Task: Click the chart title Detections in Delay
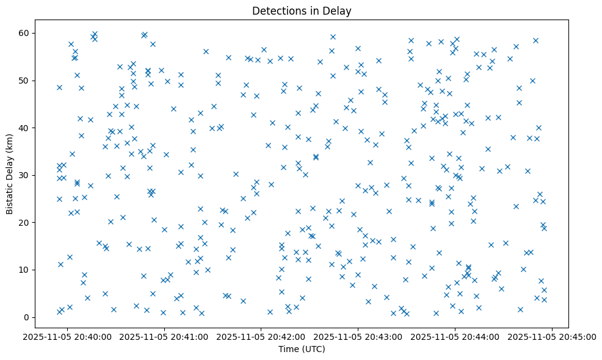pyautogui.click(x=302, y=10)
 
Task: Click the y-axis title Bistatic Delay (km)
pyautogui.click(x=10, y=174)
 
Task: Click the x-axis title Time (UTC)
pyautogui.click(x=302, y=349)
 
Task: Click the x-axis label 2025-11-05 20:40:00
pyautogui.click(x=68, y=336)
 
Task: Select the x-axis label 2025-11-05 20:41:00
pyautogui.click(x=165, y=336)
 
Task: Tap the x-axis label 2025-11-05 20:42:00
pyautogui.click(x=261, y=336)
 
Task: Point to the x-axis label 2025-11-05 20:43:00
pyautogui.click(x=358, y=336)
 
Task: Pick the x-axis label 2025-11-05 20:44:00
pyautogui.click(x=455, y=336)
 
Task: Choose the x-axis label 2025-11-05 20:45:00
pyautogui.click(x=552, y=336)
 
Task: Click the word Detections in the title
pyautogui.click(x=278, y=10)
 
